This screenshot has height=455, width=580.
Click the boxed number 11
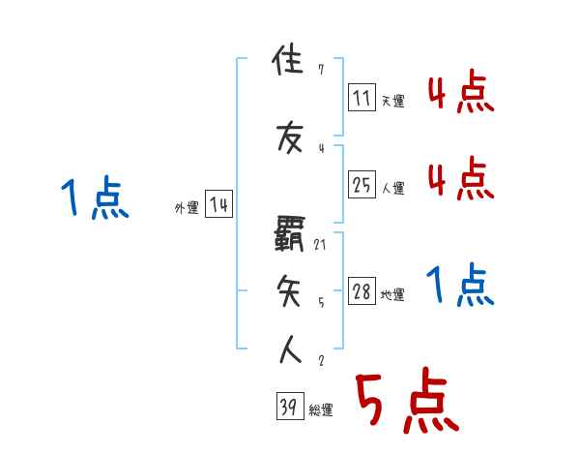(362, 97)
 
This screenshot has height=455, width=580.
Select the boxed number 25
(362, 186)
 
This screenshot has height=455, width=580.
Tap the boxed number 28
(362, 292)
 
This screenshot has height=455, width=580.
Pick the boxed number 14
(218, 205)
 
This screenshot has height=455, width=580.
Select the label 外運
(187, 208)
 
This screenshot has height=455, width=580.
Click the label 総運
(321, 410)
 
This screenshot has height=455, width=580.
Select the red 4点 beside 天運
(460, 94)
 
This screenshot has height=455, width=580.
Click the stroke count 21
(320, 244)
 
